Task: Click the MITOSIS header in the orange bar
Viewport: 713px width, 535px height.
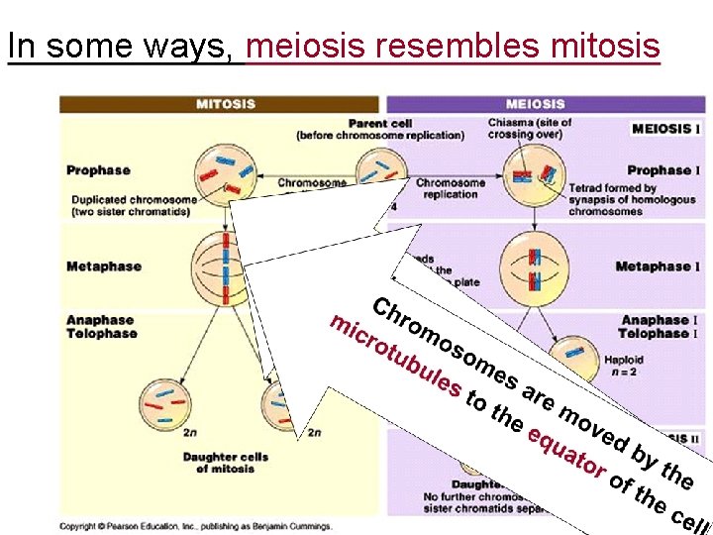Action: [x=225, y=104]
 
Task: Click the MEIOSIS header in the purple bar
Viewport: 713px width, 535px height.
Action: [x=535, y=104]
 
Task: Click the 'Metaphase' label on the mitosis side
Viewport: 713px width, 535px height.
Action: [x=104, y=267]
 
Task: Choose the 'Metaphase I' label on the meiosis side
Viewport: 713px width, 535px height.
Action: [x=653, y=267]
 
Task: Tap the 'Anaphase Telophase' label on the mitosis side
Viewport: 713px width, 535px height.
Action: [x=100, y=327]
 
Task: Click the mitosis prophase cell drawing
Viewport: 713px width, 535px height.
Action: [x=223, y=170]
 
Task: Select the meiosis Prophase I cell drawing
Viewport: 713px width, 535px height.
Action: [x=534, y=175]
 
